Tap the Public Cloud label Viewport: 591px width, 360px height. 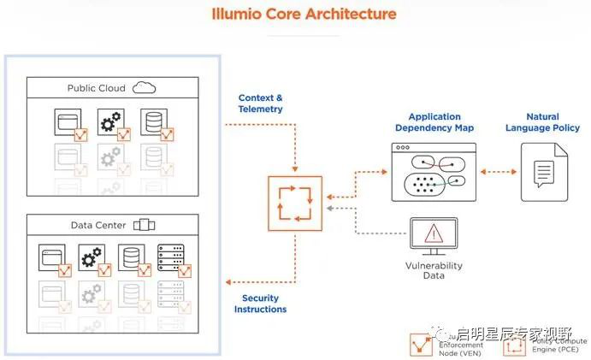point(96,88)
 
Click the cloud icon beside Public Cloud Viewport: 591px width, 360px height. point(144,87)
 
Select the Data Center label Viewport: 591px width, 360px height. point(98,226)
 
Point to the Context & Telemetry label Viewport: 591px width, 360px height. point(260,103)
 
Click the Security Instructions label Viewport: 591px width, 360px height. point(260,304)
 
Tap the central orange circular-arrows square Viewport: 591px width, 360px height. point(294,203)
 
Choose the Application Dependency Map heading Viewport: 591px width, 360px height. point(434,122)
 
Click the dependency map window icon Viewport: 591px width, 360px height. point(433,172)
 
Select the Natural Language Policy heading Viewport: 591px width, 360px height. point(542,122)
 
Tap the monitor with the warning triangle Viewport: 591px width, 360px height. point(433,235)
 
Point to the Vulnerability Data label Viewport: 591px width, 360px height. point(434,271)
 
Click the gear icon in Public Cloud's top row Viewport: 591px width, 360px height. point(110,121)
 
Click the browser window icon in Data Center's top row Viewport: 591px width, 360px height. point(51,257)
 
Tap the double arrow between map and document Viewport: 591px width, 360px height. point(496,172)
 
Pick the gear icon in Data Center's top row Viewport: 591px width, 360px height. point(92,257)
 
